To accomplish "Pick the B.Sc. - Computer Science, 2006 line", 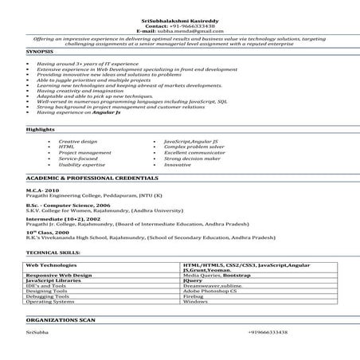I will [x=67, y=204].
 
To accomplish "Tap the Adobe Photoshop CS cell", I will [x=211, y=292].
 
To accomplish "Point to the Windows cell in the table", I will [x=195, y=303].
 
